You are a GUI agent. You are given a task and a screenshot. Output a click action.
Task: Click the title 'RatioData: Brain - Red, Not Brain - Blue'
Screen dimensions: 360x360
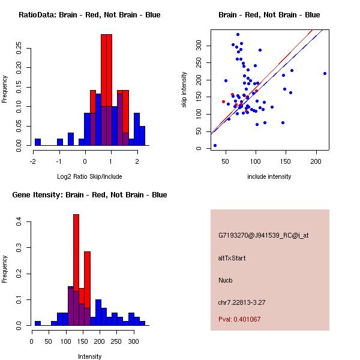89,15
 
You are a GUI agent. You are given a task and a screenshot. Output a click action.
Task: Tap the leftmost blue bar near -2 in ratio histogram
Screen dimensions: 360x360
38,142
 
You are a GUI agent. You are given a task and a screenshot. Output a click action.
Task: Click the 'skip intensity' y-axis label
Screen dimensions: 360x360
185,89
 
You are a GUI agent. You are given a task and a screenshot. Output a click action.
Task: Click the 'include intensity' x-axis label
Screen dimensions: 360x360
269,176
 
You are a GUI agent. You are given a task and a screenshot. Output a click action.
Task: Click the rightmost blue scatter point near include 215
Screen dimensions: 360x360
325,73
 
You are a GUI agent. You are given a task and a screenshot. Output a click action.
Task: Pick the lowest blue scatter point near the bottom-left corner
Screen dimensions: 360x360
215,145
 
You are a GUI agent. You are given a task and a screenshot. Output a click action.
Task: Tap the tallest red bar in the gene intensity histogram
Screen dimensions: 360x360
76,269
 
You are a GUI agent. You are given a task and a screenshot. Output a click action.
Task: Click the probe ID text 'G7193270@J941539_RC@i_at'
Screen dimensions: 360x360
263,236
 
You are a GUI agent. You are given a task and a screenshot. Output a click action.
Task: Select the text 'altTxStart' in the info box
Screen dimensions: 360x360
232,258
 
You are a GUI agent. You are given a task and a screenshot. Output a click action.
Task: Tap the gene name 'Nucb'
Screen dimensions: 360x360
226,280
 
